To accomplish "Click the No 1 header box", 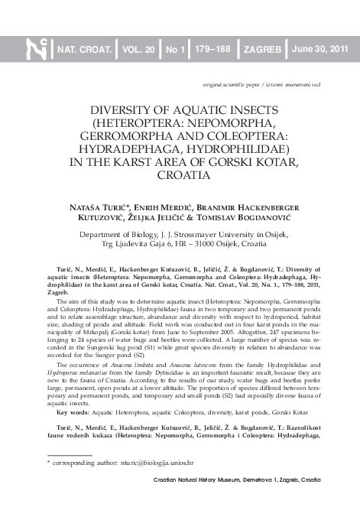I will (176, 50).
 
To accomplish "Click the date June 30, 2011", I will (320, 50).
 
